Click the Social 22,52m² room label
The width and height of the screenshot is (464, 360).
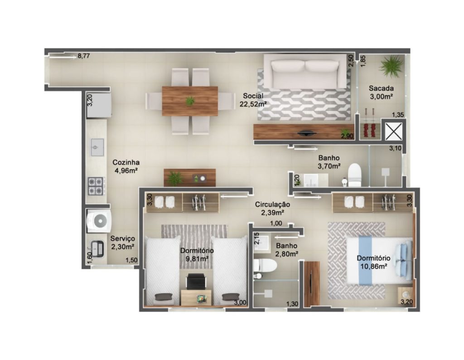coord(253,100)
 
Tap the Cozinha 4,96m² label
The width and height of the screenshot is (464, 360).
coord(126,166)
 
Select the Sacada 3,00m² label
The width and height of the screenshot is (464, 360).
coord(381,92)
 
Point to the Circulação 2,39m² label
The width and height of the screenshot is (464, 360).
coord(272,208)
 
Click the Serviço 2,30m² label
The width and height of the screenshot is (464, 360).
coord(123,243)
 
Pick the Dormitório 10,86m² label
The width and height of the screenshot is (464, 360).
coord(373,262)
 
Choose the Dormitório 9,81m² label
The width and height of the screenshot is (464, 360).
coord(197,255)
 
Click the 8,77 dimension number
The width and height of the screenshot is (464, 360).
coord(84,55)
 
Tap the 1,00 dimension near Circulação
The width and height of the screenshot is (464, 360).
coord(276,224)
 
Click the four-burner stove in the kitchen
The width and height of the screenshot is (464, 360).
coord(96,186)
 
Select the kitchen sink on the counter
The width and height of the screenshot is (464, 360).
coord(97,147)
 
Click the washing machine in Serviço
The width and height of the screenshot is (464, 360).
coord(98,220)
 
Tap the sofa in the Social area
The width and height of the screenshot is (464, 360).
coord(305,71)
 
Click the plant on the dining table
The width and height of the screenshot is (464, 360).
coord(190,101)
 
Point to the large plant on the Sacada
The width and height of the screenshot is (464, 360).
coord(391,66)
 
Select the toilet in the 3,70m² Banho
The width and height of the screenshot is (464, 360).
coord(354,175)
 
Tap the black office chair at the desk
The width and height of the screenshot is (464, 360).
coord(196,281)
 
